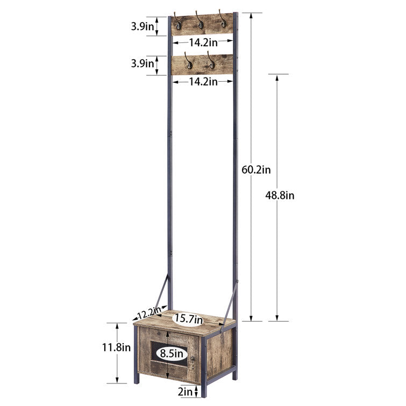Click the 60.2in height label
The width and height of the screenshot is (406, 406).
click(x=256, y=170)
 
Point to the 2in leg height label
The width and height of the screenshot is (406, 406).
click(x=185, y=392)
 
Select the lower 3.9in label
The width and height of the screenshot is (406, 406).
click(x=143, y=63)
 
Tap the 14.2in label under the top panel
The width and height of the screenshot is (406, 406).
click(x=203, y=42)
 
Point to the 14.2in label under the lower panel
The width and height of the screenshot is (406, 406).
click(x=203, y=82)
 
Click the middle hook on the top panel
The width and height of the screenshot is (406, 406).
click(x=199, y=21)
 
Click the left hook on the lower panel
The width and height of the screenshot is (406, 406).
click(x=189, y=61)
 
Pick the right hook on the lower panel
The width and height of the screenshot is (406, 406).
click(x=211, y=61)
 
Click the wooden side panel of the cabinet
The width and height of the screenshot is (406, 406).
click(x=219, y=352)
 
